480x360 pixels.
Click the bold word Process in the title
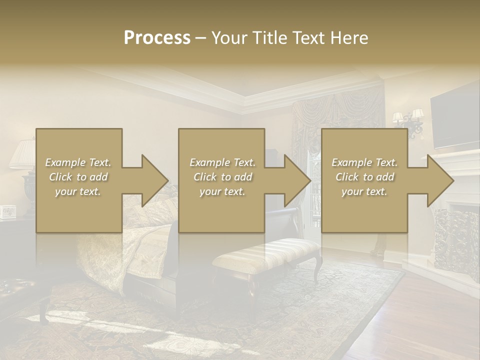coord(157,38)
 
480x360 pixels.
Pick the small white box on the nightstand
coord(8,212)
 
